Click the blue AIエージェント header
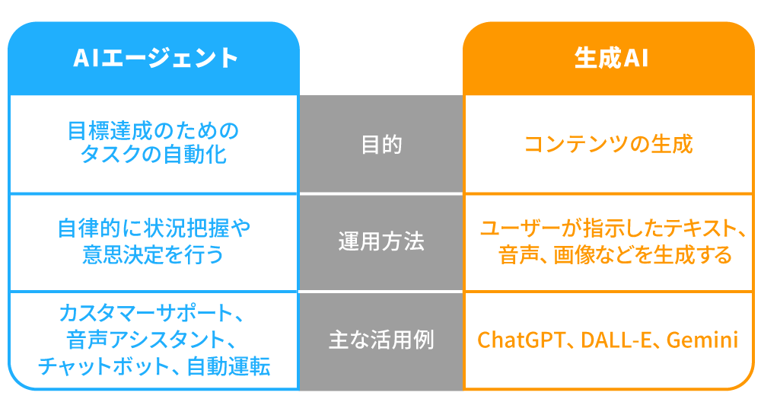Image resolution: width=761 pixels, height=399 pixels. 154,59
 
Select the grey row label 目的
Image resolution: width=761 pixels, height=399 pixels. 380,145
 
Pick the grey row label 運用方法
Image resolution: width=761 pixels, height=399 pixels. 380,242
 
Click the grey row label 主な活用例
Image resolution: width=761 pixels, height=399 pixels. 380,340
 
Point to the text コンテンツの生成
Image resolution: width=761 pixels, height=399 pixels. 609,144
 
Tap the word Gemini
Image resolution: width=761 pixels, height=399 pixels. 702,340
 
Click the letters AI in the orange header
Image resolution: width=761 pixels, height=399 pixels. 635,59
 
